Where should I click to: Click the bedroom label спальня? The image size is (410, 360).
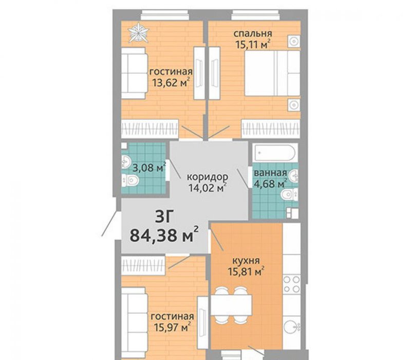pos(253,34)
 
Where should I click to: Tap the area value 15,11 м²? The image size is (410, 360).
pos(253,45)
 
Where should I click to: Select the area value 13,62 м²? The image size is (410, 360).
pos(171,82)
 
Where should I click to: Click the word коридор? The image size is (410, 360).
pos(208,177)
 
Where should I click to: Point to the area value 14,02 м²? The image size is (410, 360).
pos(208,188)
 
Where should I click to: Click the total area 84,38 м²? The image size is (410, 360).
pos(164,235)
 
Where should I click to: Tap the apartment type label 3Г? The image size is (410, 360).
pos(164,217)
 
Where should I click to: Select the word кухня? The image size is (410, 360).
pos(246,261)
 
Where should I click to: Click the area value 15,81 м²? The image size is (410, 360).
pos(246,272)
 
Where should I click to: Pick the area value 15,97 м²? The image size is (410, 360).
pos(172,327)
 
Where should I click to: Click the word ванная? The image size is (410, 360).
pos(270,173)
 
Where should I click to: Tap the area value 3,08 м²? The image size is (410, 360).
pos(150,168)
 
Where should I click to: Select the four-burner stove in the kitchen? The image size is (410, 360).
pos(291,284)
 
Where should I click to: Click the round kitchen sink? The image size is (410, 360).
pos(292,326)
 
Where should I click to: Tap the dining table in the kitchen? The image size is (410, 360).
pos(231,305)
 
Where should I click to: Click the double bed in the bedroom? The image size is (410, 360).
pos(272,73)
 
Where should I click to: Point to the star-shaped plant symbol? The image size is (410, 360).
pos(139,33)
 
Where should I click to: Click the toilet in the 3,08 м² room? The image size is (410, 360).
pos(130,180)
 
